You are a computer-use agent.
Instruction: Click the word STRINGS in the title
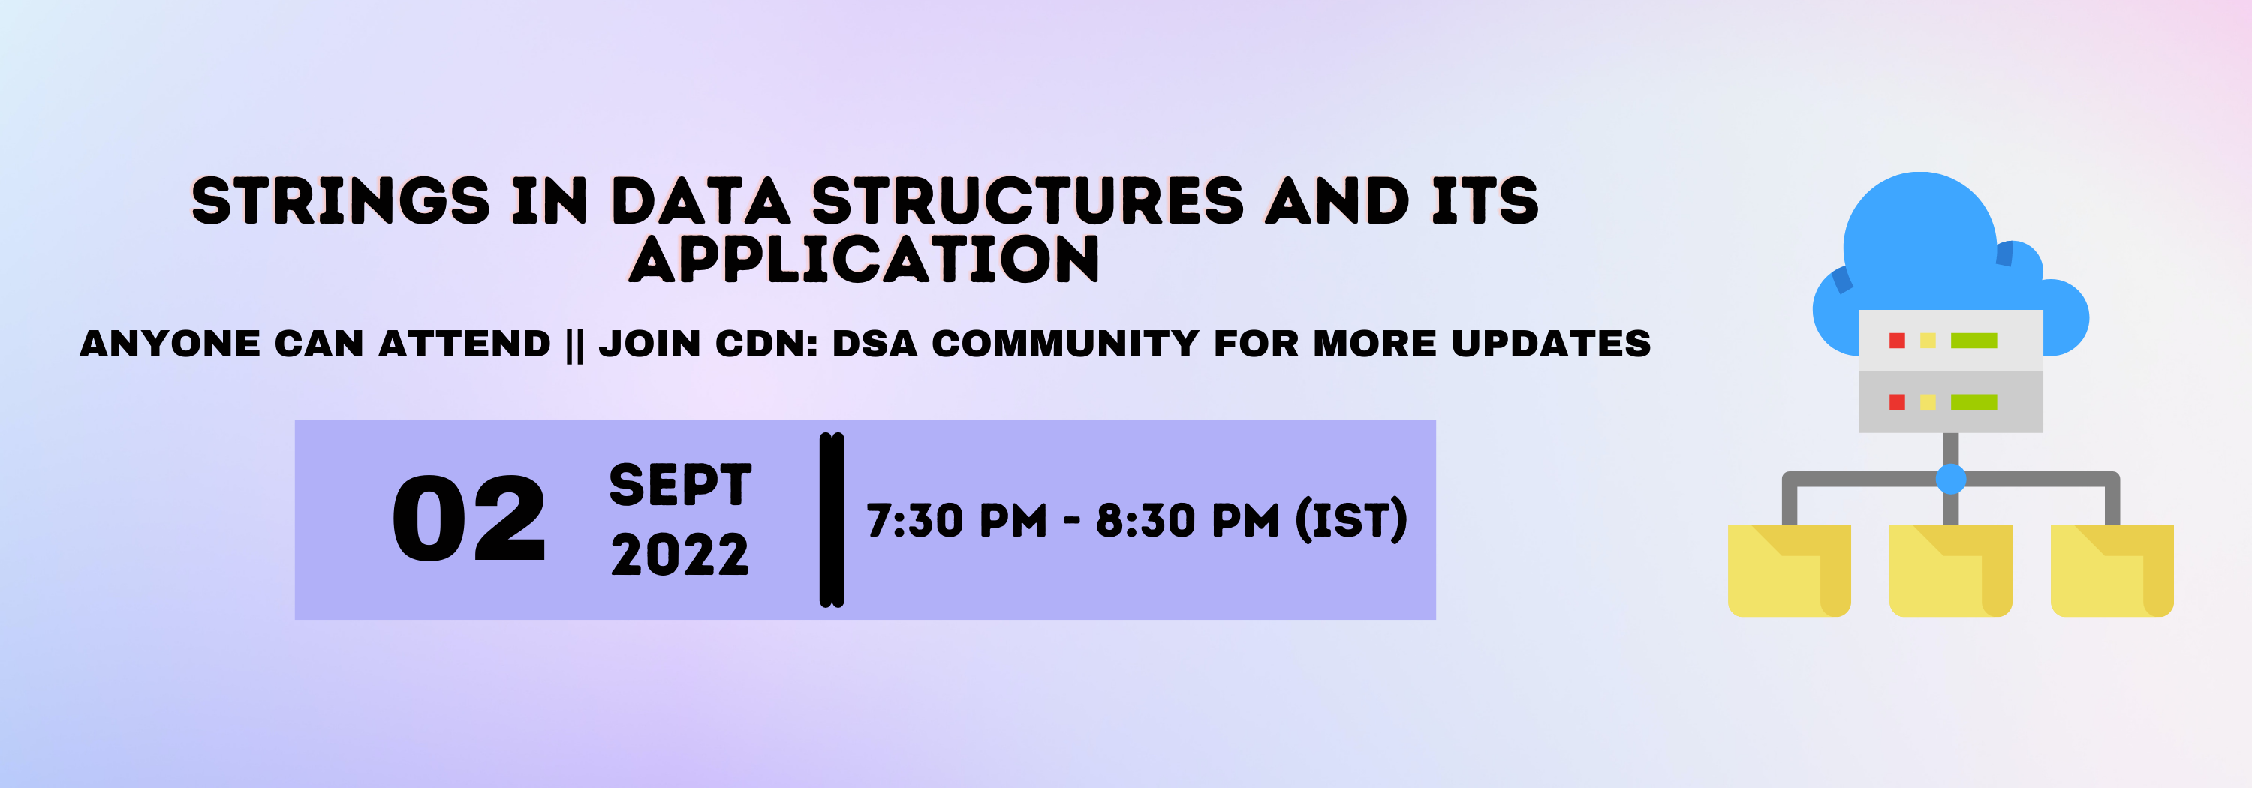[x=340, y=201]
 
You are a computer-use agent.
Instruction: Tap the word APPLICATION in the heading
[x=864, y=260]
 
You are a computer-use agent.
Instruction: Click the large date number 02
[x=468, y=520]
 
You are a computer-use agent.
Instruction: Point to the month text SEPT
[x=680, y=485]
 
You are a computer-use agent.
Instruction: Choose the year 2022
[x=680, y=555]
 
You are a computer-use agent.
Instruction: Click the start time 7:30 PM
[x=956, y=521]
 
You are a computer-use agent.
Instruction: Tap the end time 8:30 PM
[x=1186, y=521]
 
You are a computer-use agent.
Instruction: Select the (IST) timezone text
[x=1350, y=521]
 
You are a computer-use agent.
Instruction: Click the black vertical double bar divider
[x=832, y=520]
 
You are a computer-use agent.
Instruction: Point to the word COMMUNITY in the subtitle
[x=1064, y=343]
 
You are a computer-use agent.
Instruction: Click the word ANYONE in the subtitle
[x=170, y=343]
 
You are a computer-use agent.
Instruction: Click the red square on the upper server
[x=1896, y=341]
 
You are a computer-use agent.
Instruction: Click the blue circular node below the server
[x=1950, y=479]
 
